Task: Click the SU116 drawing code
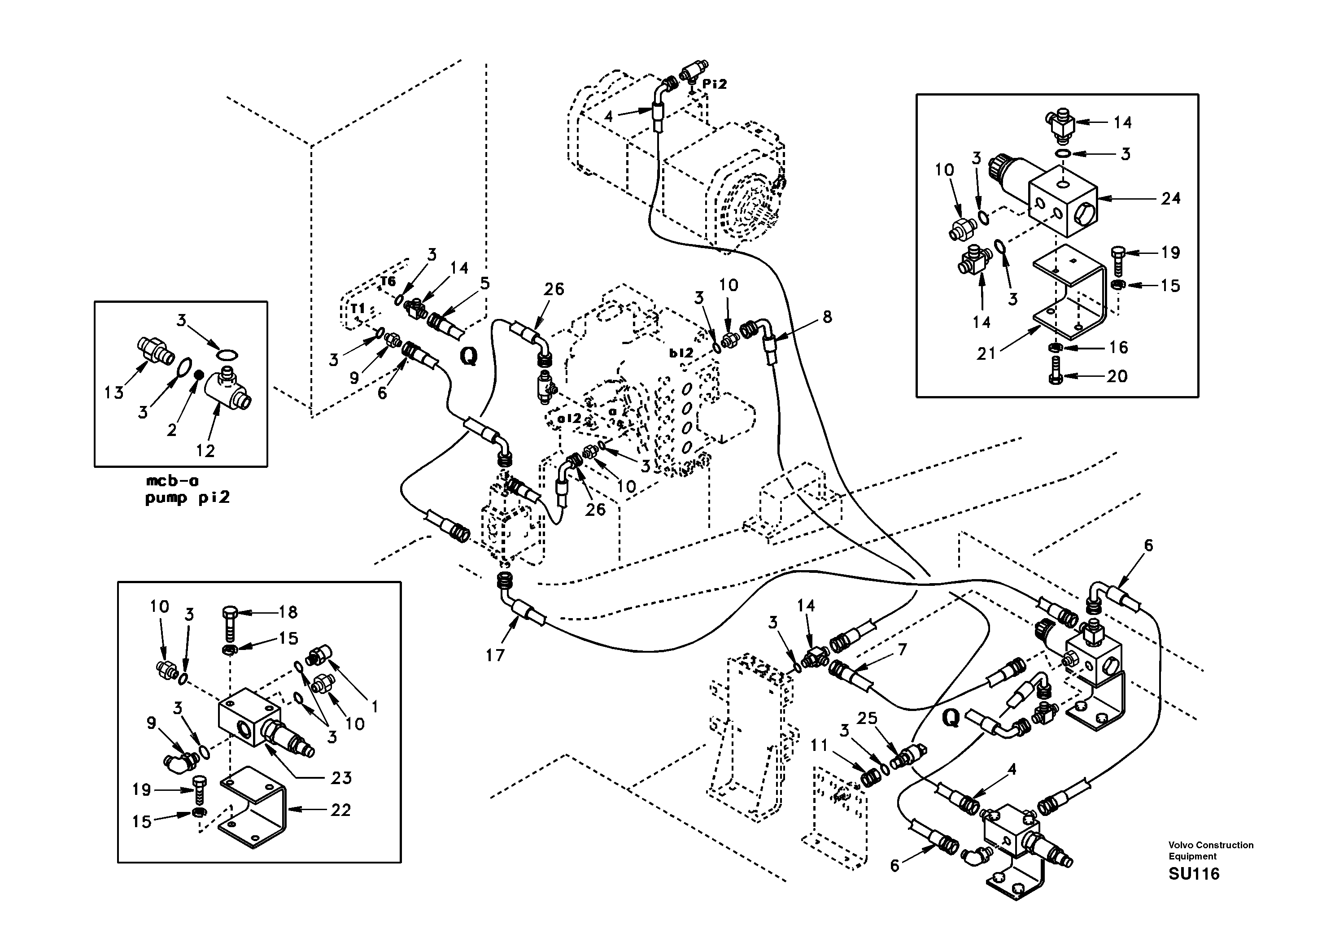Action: click(1194, 874)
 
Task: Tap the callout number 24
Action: click(1170, 198)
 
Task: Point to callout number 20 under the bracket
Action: click(1117, 376)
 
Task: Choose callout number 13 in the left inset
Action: click(114, 393)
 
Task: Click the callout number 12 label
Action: click(205, 450)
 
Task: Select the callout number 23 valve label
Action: click(341, 777)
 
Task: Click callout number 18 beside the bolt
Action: click(288, 612)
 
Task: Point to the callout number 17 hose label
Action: click(495, 655)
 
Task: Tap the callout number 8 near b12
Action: click(827, 317)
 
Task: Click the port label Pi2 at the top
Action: click(715, 84)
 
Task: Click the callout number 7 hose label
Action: click(902, 650)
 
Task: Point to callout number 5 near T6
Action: click(485, 283)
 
